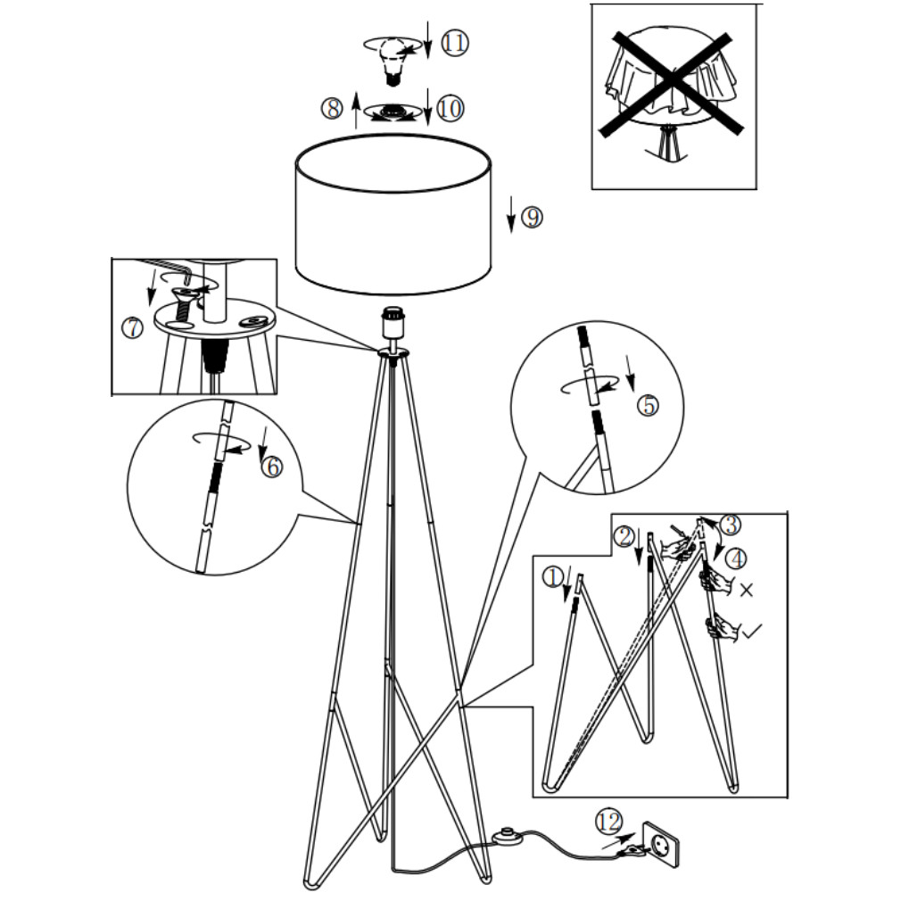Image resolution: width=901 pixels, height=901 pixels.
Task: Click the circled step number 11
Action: [455, 44]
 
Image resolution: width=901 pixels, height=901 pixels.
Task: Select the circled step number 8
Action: [332, 108]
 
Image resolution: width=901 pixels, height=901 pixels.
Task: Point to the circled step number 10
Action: [450, 108]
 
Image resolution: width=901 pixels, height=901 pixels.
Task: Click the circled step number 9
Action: [532, 217]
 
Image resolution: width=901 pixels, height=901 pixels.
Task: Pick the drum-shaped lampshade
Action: [393, 215]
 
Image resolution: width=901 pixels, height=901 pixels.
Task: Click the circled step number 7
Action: [133, 328]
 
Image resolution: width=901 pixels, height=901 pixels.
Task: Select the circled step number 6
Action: [272, 467]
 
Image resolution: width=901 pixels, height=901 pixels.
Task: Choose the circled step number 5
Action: [649, 406]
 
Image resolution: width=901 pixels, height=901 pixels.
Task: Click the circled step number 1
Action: [553, 577]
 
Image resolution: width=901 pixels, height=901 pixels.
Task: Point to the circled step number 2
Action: [624, 536]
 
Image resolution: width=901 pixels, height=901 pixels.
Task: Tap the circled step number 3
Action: [731, 524]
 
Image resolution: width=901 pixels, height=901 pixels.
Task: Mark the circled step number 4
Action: [736, 558]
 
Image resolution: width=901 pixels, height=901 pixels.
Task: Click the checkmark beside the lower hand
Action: [751, 631]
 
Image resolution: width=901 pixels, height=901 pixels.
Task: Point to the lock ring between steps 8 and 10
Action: [393, 112]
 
